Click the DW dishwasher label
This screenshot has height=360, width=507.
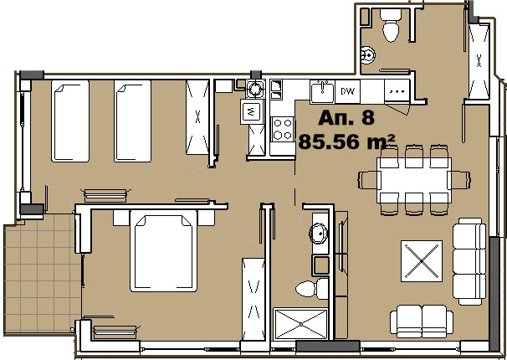point(347,91)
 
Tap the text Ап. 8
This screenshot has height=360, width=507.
point(346,118)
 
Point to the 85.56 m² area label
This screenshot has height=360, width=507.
point(346,141)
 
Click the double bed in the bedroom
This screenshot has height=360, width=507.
point(163,250)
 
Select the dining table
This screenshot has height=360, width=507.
point(414,180)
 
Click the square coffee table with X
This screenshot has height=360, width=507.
point(422,260)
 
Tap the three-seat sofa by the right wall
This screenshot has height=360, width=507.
point(469,261)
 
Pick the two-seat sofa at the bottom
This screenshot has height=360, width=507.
point(422,321)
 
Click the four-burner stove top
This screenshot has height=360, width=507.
point(282,129)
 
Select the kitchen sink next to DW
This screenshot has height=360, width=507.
point(322,91)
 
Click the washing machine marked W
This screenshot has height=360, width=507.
point(251,111)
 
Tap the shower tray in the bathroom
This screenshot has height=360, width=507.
point(300,323)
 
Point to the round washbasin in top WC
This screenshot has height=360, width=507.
point(368,55)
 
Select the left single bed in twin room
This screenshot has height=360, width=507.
point(70,121)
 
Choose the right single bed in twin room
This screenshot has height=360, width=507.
point(132,121)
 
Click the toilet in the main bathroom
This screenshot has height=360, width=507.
point(312,289)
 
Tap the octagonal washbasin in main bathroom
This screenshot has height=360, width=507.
point(319,233)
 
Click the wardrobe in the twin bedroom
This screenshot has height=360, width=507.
point(197,117)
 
